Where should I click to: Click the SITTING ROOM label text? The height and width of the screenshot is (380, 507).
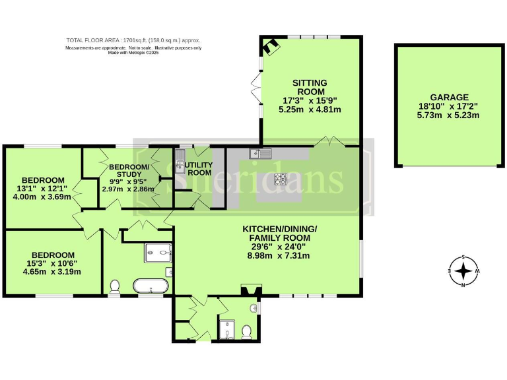coord(310,87)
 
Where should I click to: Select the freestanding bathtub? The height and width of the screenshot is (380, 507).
coord(151,286)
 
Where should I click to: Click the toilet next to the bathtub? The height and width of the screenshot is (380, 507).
coord(115,286)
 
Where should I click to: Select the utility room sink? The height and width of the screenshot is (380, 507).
coord(180,158)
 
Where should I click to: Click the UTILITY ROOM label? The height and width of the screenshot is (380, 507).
coord(199,168)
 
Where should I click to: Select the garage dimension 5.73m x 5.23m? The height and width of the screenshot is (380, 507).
coord(447,115)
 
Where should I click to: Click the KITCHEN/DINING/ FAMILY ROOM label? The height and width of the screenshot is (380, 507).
coord(279,233)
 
